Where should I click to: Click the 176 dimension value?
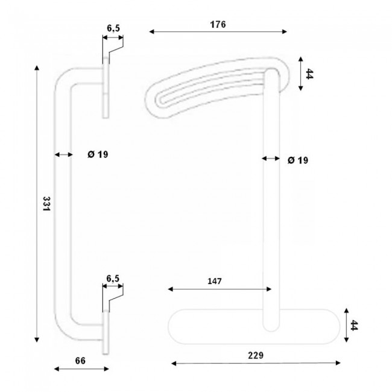(x=218, y=25)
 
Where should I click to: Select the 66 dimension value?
(x=80, y=361)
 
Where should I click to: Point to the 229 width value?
(x=256, y=355)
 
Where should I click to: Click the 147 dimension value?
(x=215, y=281)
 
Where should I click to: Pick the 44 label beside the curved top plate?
(x=309, y=75)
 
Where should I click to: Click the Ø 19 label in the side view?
(x=97, y=155)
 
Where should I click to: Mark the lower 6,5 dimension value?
(x=113, y=278)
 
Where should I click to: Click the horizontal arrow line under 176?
(x=218, y=33)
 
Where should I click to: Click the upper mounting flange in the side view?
(x=106, y=87)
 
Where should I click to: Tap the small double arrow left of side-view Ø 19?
(x=62, y=155)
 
